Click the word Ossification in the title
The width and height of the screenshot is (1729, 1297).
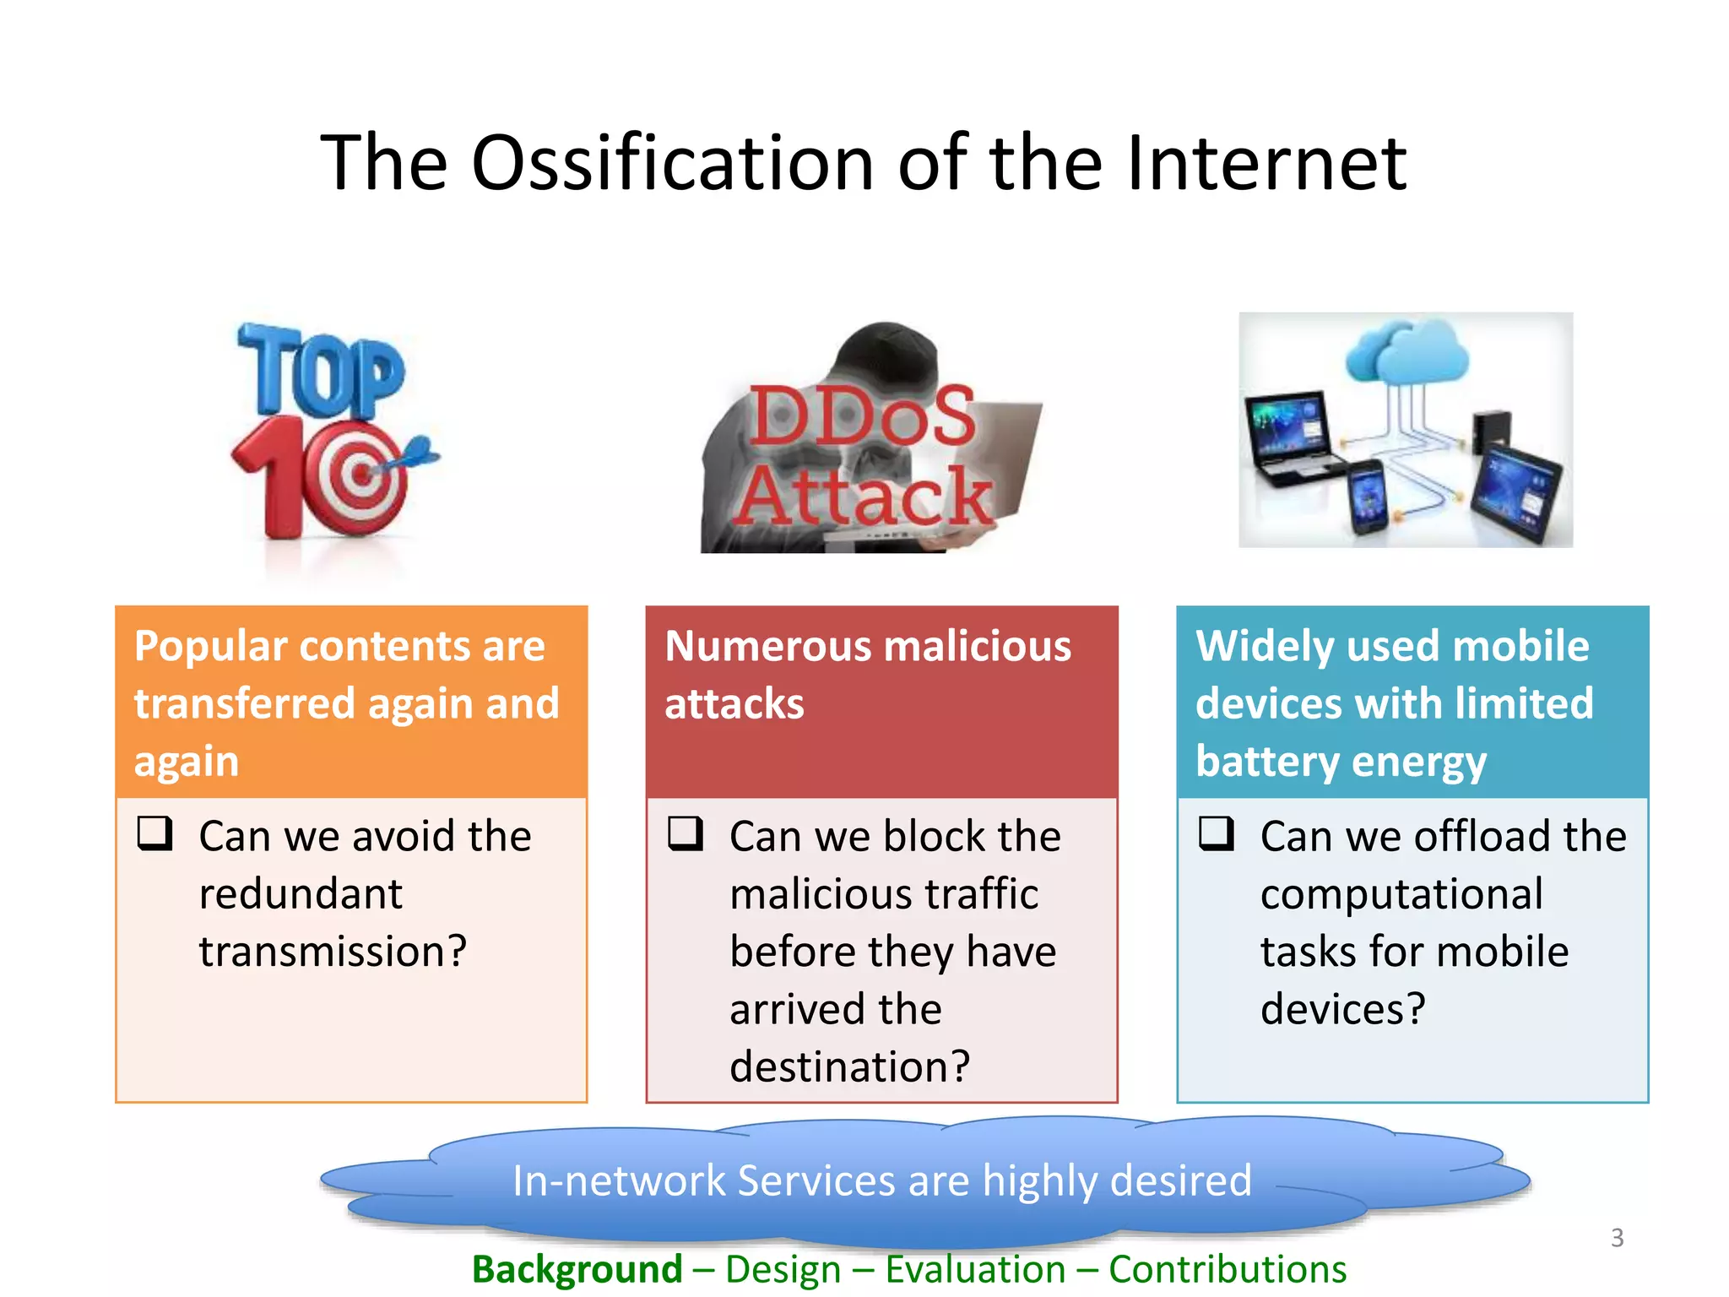pyautogui.click(x=671, y=162)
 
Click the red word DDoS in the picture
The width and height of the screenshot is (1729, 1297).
pyautogui.click(x=862, y=415)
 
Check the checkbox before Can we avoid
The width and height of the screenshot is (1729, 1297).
pyautogui.click(x=155, y=833)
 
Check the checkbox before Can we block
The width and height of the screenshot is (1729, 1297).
pyautogui.click(x=686, y=833)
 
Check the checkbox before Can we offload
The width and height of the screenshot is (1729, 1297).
pyautogui.click(x=1217, y=833)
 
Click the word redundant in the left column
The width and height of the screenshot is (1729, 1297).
pyautogui.click(x=301, y=894)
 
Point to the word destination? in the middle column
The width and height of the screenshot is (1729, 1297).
pyautogui.click(x=849, y=1067)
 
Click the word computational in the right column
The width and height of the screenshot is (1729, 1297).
pyautogui.click(x=1401, y=894)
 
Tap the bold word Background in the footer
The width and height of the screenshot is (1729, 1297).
pyautogui.click(x=577, y=1269)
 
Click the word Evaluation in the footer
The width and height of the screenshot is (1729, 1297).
pyautogui.click(x=975, y=1269)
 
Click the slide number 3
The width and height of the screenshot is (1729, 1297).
pyautogui.click(x=1617, y=1238)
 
